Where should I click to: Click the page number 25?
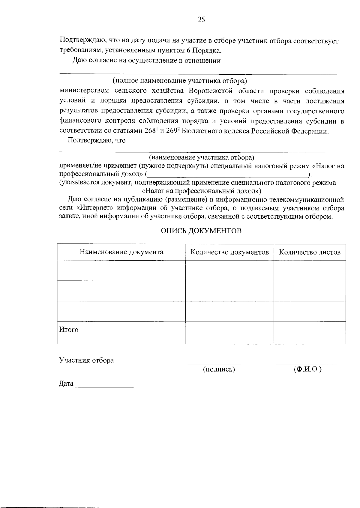pos(201,20)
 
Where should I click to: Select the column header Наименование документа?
pos(121,252)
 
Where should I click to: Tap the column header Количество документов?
pos(229,252)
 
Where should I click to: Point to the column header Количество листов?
pos(310,252)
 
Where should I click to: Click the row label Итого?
pos(69,330)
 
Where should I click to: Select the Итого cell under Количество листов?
pos(310,333)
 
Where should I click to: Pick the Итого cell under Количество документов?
pos(229,333)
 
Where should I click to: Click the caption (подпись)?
pos(219,369)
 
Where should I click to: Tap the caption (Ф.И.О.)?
pos(308,369)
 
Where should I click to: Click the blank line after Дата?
pos(104,385)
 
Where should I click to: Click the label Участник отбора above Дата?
pos(86,360)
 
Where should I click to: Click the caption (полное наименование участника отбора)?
pos(179,81)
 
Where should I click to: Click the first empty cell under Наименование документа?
pos(121,270)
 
